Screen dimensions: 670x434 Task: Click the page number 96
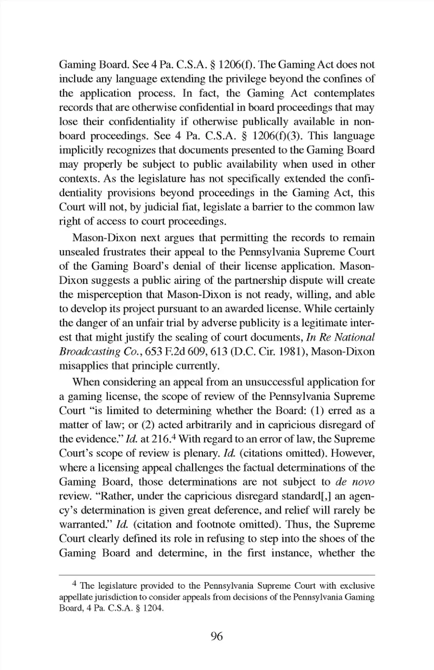coord(217,637)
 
